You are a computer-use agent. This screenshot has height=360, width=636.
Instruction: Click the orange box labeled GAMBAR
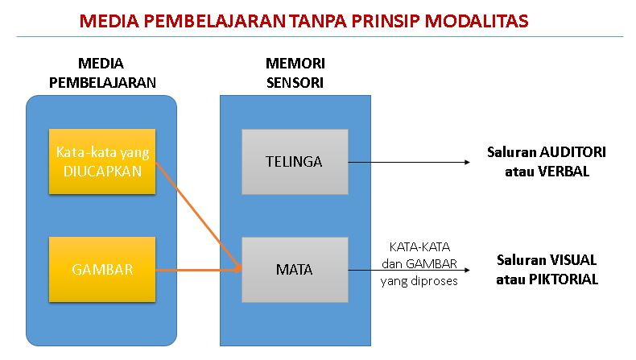[102, 269]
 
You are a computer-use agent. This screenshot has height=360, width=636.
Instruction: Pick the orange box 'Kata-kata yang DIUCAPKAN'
[102, 160]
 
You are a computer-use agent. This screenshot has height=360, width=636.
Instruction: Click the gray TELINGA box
[294, 161]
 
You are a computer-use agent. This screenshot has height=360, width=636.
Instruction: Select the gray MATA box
[294, 270]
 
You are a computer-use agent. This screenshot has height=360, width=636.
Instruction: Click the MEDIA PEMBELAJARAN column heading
[102, 72]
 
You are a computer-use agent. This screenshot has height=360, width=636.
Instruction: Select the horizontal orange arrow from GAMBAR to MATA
[197, 270]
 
